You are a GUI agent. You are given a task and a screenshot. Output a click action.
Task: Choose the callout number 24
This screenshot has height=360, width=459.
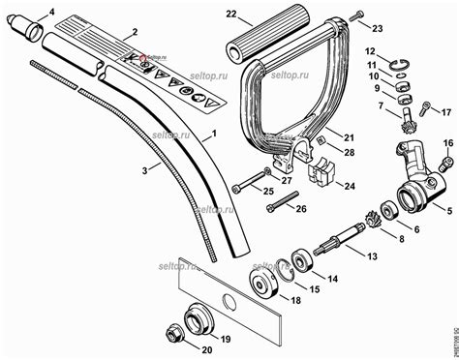[x=350, y=185]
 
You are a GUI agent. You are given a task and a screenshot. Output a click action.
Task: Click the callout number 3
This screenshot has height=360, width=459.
[x=144, y=169]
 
